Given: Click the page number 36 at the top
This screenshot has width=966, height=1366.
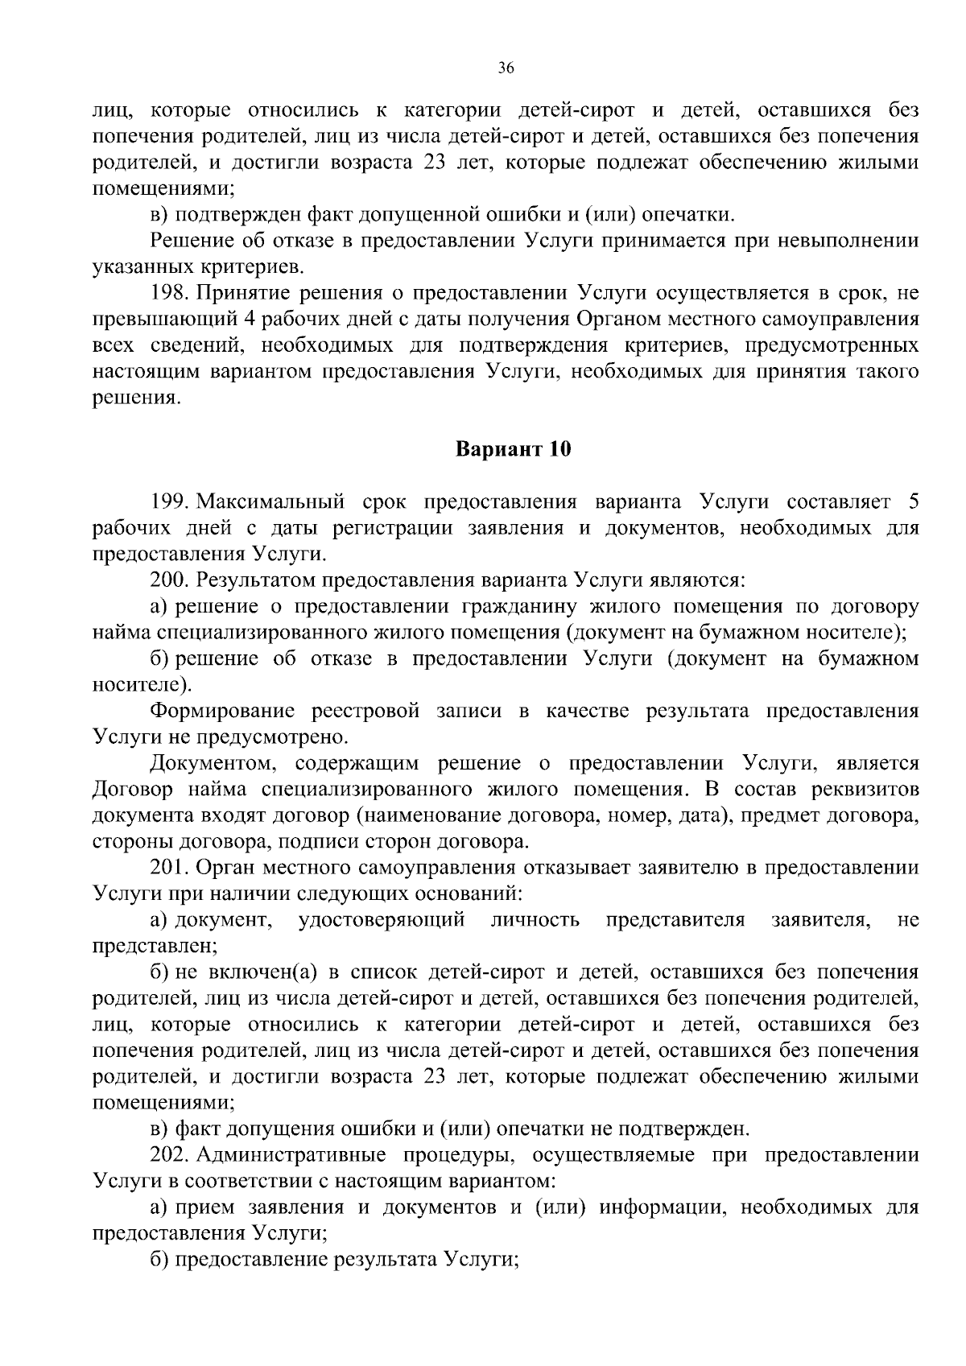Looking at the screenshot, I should tap(506, 68).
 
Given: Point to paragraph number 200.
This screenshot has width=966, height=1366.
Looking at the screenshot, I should tap(167, 580).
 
